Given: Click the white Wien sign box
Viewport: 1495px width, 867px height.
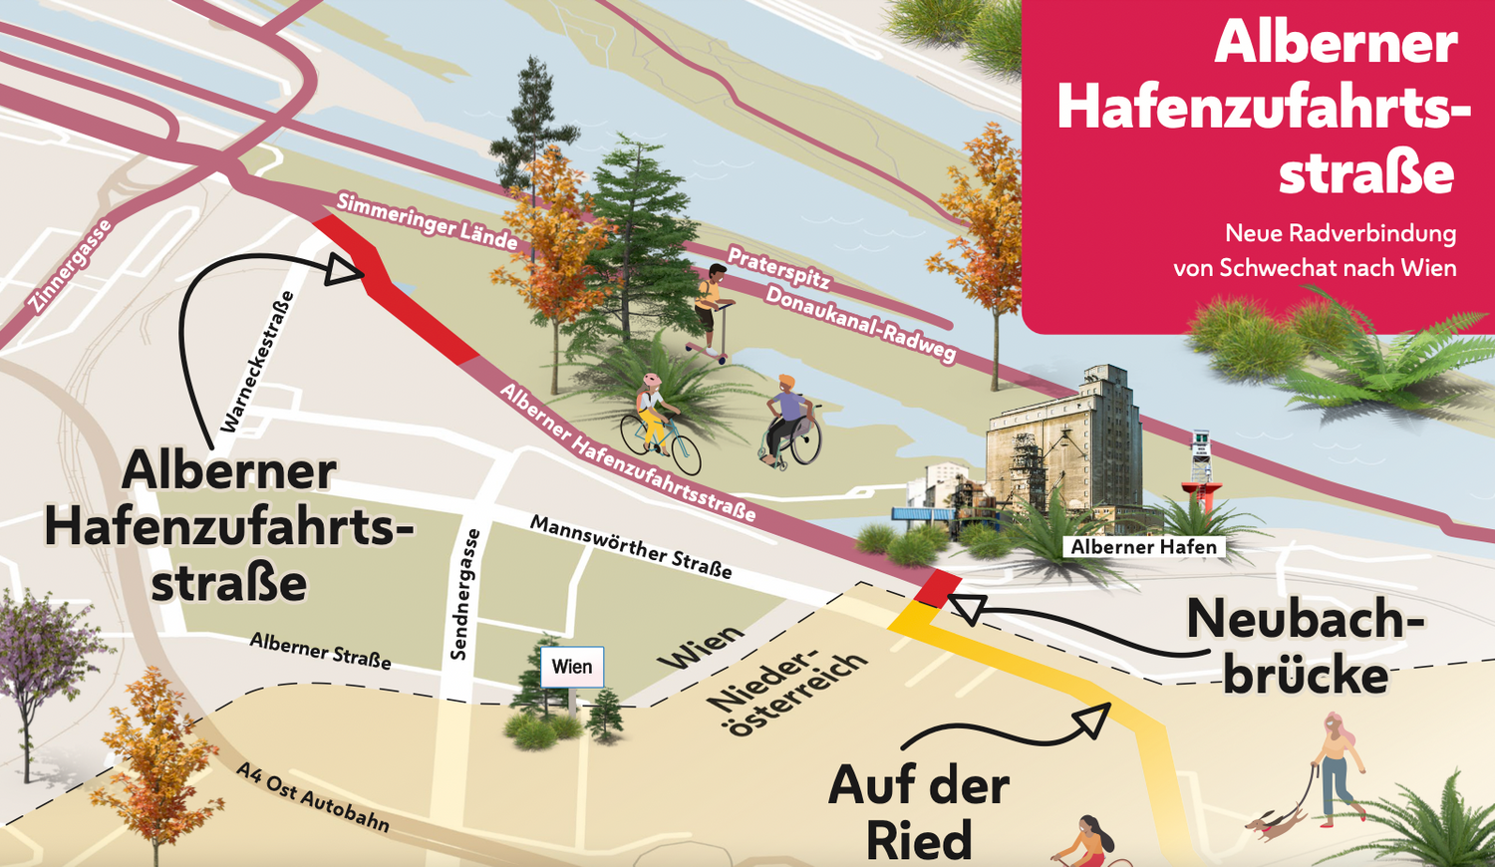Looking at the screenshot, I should tap(572, 667).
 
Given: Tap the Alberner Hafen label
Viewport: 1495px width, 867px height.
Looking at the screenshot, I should tap(1143, 547).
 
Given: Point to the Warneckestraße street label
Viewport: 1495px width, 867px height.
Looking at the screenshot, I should tap(257, 362).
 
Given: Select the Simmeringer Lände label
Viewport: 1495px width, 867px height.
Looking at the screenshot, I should tap(427, 221).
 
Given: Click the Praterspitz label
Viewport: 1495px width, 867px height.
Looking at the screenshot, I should tap(778, 267).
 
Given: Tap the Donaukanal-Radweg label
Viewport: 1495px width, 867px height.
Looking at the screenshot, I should tap(860, 324).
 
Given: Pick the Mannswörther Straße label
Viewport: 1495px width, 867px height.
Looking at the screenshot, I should tap(630, 546).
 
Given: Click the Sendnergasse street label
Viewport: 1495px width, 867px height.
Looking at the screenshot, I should tap(464, 594).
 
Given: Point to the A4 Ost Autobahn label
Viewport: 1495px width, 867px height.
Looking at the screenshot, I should tap(312, 796).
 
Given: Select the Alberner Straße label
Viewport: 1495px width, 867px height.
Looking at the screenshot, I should tap(320, 650).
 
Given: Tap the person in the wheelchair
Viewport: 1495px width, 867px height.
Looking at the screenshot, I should tap(788, 421).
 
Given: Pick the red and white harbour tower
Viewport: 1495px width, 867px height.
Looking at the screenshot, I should tap(1202, 474).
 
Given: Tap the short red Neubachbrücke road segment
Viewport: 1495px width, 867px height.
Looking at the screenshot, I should tap(938, 588).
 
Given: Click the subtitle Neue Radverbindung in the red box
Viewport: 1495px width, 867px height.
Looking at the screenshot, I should tap(1340, 234).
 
